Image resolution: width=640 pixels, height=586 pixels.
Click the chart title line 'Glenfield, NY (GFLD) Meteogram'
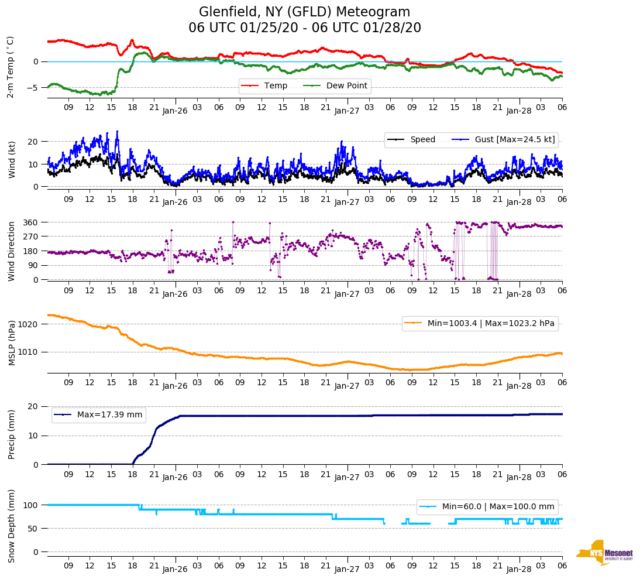[304, 12]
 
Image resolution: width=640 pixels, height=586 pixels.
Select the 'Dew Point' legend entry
[347, 85]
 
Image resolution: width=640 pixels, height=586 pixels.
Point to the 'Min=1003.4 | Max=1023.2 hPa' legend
[480, 323]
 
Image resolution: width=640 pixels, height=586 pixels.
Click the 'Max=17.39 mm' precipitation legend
[99, 414]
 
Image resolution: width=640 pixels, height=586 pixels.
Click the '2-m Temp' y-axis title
[11, 67]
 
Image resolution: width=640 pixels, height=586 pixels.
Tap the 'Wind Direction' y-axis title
[12, 251]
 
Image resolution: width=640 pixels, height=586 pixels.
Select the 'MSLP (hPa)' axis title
[12, 343]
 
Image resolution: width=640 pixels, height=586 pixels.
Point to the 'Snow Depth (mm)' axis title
[12, 526]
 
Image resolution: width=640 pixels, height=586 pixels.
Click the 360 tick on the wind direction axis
[31, 222]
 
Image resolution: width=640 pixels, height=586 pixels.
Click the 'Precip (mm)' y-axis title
[12, 435]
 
